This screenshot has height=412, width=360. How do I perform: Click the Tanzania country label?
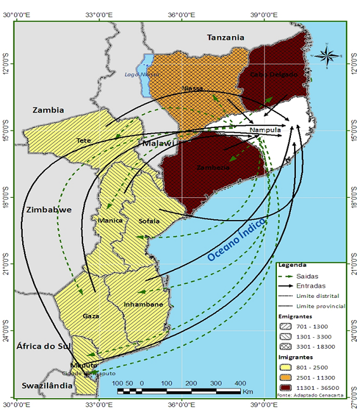point(226,38)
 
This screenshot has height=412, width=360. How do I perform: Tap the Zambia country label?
point(48,110)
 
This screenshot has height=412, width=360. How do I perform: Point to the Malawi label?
point(158,144)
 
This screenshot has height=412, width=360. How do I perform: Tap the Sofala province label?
point(150,221)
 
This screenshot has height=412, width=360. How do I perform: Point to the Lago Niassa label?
point(141,75)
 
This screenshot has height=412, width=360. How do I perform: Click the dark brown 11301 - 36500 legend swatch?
point(287,387)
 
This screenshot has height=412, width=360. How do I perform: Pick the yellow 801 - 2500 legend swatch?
point(287,366)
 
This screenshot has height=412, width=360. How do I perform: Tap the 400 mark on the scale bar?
point(240,384)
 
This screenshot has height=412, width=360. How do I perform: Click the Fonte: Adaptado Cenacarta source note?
point(309,396)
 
